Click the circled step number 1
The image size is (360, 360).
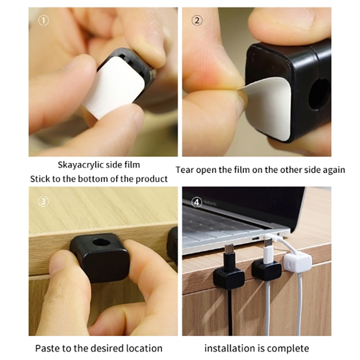point(43,21)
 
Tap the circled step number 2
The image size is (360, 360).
point(197,21)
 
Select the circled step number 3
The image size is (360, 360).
point(43,202)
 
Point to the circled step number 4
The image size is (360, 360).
point(197,202)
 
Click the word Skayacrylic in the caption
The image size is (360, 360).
point(81,165)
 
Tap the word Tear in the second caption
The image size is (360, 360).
point(184,170)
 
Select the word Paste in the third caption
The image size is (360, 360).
point(47,348)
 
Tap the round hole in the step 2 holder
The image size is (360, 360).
point(319,94)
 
